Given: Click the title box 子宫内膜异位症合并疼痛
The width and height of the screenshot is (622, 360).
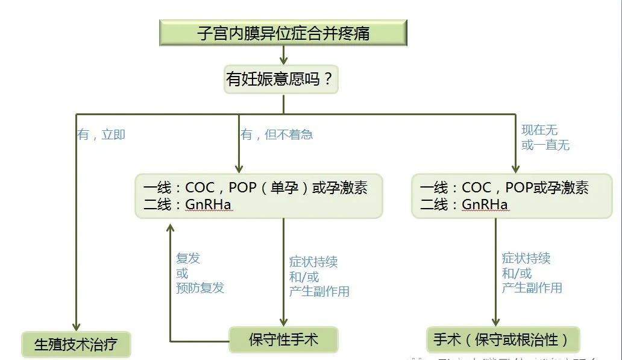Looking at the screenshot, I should [x=283, y=33].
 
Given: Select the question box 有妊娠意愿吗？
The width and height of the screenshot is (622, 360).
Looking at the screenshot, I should [x=281, y=79].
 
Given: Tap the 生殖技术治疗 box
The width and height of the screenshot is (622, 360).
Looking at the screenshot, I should [x=75, y=344].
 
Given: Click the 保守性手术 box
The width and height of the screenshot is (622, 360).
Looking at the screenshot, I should [x=283, y=339].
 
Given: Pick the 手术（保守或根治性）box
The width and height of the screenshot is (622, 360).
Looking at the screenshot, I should [x=502, y=339].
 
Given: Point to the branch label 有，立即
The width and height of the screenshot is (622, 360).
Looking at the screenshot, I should [x=101, y=134].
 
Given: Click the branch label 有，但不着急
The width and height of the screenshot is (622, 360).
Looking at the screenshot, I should [x=277, y=134].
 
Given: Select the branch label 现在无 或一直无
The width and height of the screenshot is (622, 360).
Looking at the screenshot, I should [x=545, y=137].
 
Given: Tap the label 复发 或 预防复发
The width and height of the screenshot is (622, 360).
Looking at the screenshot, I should [x=199, y=273].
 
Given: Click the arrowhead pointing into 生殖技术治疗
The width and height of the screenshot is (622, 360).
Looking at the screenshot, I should [x=77, y=326].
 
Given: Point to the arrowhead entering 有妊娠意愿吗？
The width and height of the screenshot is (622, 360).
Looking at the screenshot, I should [x=283, y=61].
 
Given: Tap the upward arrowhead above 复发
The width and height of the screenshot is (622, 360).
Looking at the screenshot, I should [x=171, y=227].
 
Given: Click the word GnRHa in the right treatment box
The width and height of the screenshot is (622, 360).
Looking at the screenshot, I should [x=485, y=205].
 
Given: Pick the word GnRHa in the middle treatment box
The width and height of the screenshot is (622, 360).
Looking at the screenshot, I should [x=208, y=205].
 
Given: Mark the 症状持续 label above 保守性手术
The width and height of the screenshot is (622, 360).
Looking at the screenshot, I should [x=313, y=262].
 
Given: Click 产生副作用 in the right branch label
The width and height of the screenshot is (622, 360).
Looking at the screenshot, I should [x=532, y=288].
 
